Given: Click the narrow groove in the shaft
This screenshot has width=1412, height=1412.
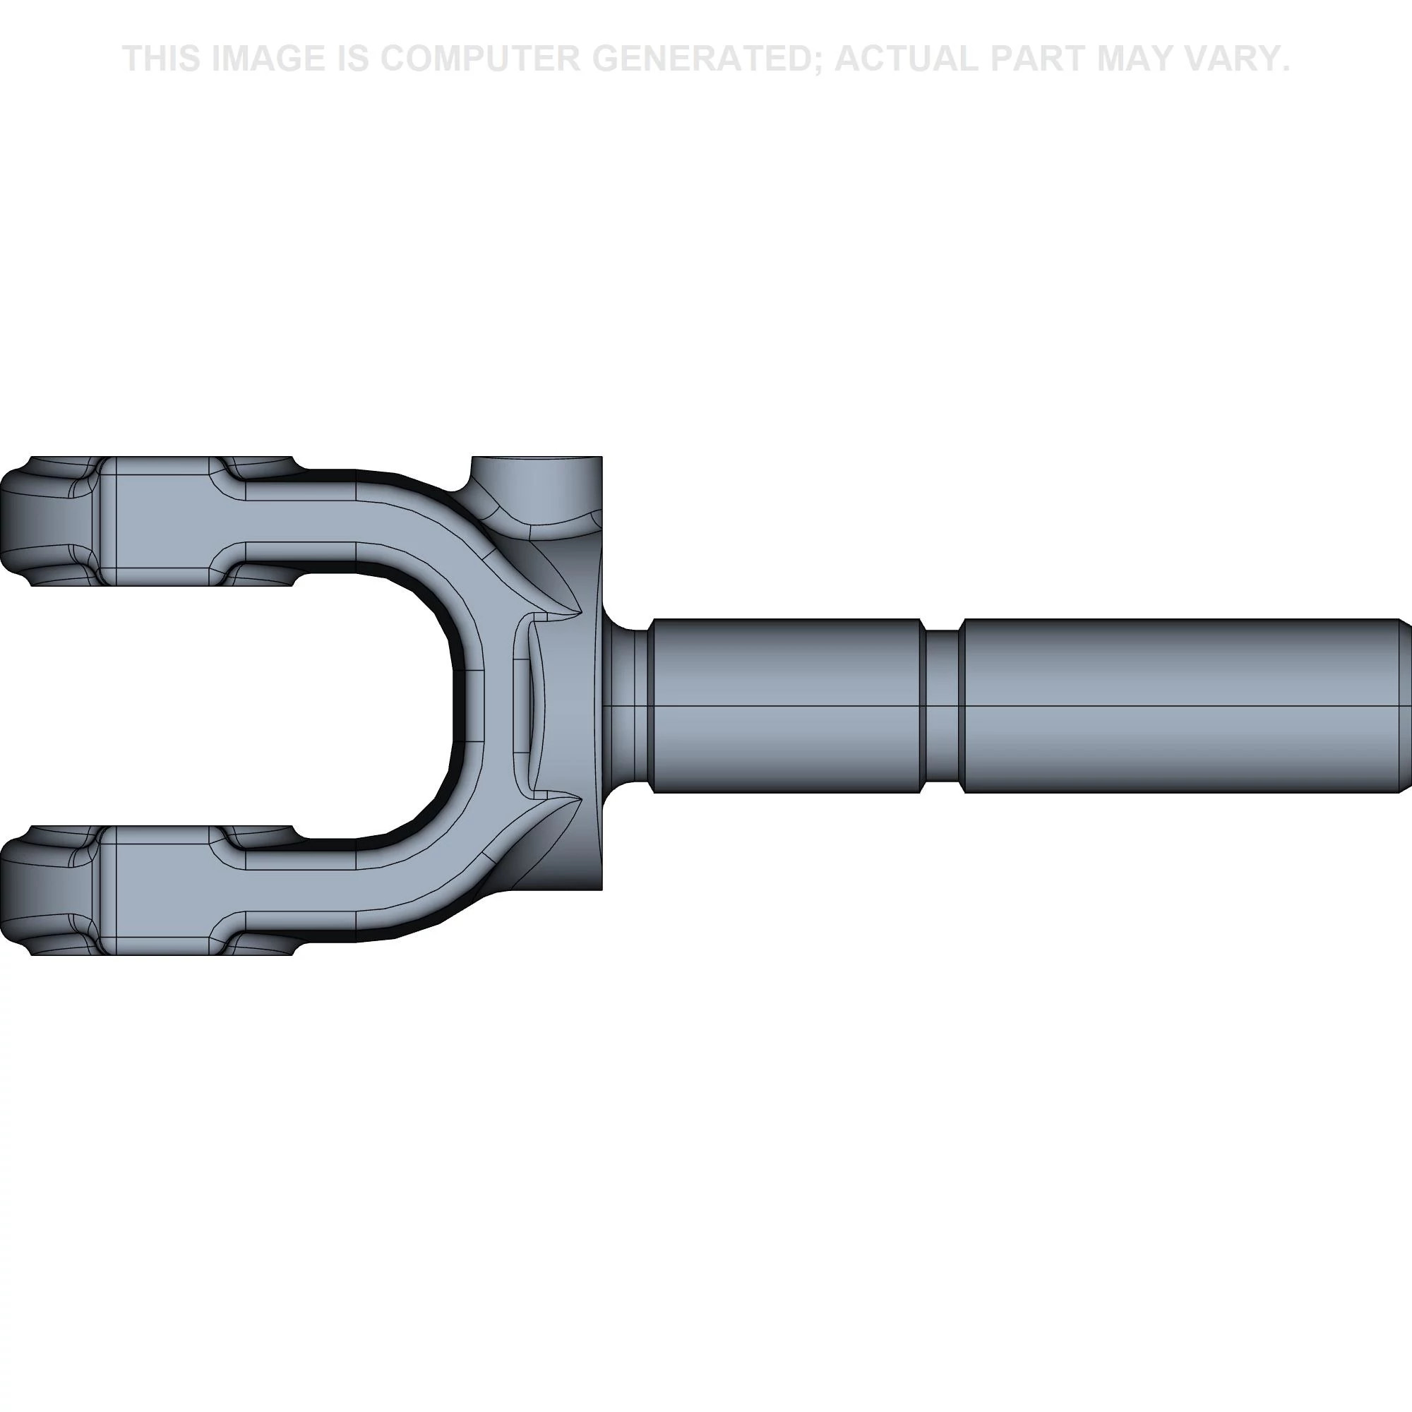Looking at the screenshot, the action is click(942, 705).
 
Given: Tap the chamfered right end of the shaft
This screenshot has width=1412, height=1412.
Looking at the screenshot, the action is click(1405, 705).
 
